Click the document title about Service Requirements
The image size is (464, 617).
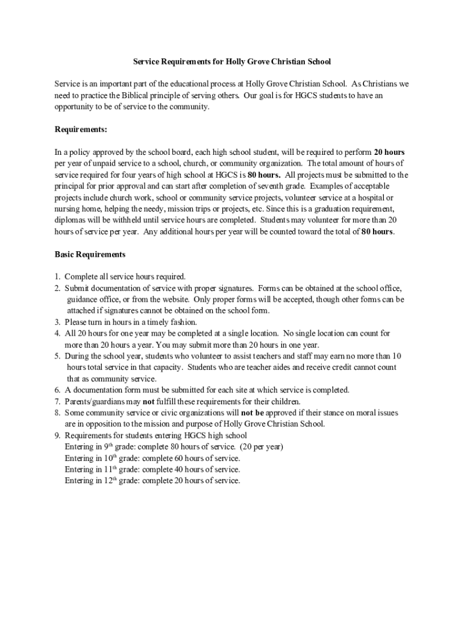(232, 61)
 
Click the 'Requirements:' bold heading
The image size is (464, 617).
(81, 129)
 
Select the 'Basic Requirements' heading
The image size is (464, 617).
(90, 254)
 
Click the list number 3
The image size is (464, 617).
(57, 322)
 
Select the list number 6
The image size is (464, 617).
(57, 390)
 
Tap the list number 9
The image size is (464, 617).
(57, 435)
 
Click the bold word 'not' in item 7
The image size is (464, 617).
(148, 401)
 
